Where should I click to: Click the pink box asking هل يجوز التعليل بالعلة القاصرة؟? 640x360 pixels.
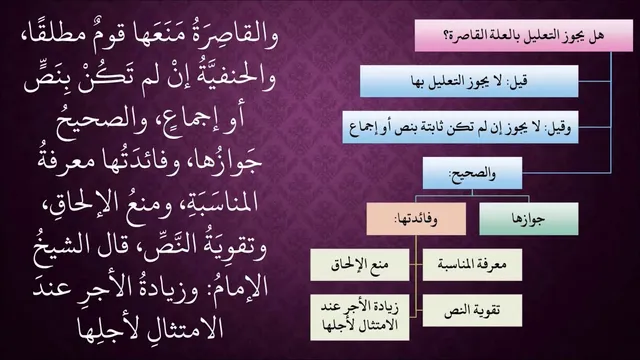(x=524, y=36)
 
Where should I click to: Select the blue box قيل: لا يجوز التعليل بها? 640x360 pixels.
(x=469, y=81)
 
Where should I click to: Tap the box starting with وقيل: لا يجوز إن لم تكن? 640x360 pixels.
(x=460, y=127)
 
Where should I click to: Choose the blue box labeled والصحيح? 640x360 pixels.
(x=472, y=173)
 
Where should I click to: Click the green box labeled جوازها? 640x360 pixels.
(x=529, y=219)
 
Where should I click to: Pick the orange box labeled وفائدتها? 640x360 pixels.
(x=416, y=219)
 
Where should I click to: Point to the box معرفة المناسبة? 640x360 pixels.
(x=472, y=265)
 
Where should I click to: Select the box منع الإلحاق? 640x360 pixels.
(x=360, y=265)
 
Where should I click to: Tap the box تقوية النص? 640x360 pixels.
(x=472, y=311)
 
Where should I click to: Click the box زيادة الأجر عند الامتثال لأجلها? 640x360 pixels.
(x=360, y=317)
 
